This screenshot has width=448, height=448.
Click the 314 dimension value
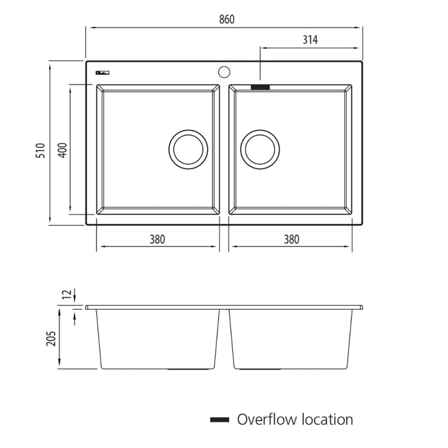click(x=310, y=40)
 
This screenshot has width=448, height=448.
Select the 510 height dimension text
click(x=40, y=150)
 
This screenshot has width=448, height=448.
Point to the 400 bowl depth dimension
click(x=62, y=150)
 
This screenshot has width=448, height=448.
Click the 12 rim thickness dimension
click(x=66, y=294)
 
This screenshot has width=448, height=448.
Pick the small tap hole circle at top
click(x=224, y=71)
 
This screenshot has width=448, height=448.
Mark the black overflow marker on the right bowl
click(x=260, y=85)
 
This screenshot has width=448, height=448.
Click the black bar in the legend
click(x=220, y=420)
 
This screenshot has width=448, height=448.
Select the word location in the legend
click(x=324, y=420)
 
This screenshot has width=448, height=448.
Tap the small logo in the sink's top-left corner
click(x=102, y=72)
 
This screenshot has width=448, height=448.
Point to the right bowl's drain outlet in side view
click(x=260, y=369)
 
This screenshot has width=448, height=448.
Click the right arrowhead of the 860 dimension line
click(x=360, y=28)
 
